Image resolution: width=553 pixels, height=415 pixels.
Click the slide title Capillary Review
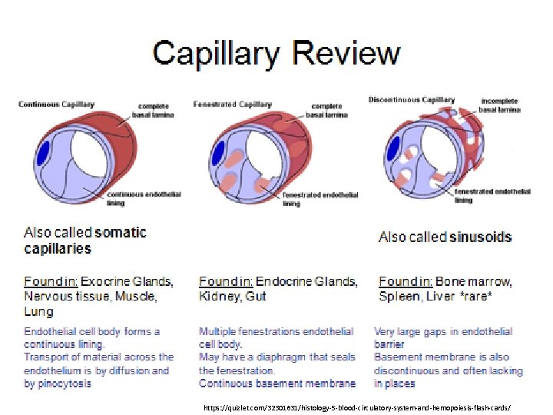point(276,53)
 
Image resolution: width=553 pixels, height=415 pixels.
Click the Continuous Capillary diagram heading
point(56,105)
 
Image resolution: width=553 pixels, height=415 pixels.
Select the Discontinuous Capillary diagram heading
point(411,100)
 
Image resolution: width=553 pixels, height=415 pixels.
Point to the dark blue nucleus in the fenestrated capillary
point(219,151)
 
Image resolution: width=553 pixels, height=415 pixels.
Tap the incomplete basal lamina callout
point(499,105)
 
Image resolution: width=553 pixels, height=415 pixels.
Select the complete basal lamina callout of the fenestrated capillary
point(326,111)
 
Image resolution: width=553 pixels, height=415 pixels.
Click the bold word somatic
point(120,232)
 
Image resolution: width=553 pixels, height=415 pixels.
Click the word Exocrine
point(107,281)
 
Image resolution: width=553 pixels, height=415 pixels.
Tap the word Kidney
point(218,297)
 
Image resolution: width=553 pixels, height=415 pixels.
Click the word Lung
point(38,312)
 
